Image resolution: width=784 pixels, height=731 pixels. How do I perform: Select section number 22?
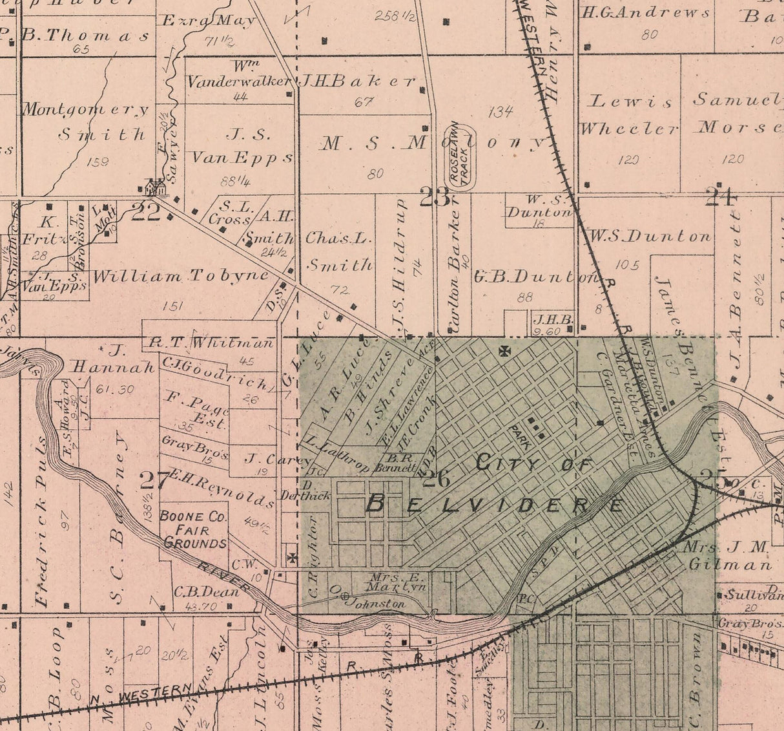click(x=145, y=212)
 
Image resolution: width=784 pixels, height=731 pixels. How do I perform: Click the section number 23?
click(x=435, y=196)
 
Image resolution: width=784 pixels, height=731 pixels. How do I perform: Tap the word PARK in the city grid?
click(x=519, y=438)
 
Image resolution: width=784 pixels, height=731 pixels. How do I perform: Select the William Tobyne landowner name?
click(x=180, y=277)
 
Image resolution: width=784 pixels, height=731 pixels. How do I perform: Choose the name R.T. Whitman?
click(x=211, y=343)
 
